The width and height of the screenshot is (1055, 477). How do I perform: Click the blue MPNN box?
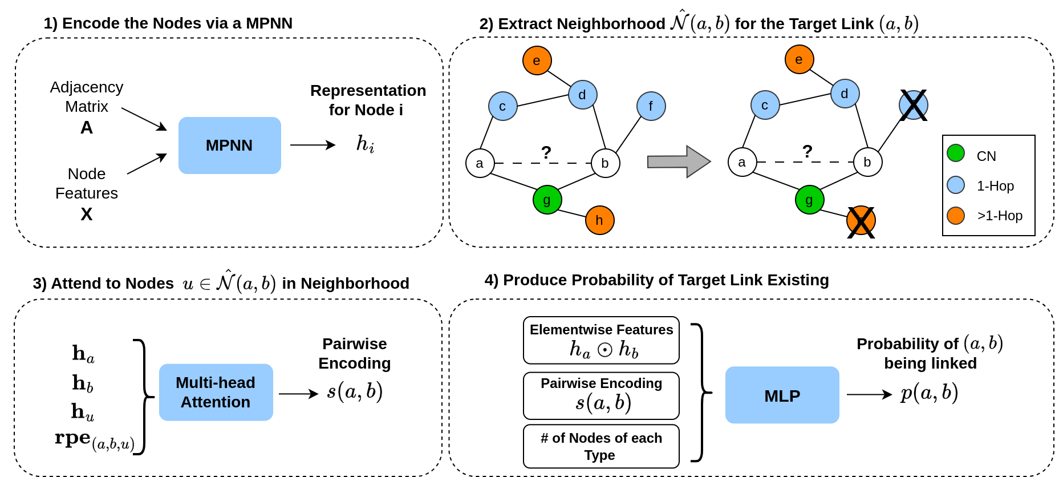point(229,145)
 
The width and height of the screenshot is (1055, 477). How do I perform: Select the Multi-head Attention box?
point(216,393)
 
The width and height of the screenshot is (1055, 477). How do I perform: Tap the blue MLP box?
point(782,395)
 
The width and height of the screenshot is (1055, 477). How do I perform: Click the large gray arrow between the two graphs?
point(679,161)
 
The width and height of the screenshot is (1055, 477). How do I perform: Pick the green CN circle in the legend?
point(956,153)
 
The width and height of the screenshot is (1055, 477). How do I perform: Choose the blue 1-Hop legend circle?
point(956,185)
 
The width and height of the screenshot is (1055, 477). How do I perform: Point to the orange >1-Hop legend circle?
point(956,216)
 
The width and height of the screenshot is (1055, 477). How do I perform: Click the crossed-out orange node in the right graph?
point(861,221)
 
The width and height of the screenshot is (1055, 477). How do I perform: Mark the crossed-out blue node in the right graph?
point(913,105)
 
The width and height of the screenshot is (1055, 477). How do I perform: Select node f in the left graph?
point(651,106)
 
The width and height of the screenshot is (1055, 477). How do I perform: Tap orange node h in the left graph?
point(599,220)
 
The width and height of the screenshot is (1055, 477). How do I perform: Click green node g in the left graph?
point(547,200)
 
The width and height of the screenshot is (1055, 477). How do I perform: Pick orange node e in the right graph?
point(799,59)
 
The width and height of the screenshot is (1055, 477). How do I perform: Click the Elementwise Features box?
point(601,340)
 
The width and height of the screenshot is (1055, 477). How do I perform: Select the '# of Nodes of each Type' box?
point(601,446)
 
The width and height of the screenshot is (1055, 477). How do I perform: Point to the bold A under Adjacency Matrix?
point(87,127)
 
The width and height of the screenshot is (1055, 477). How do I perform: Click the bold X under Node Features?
point(87,214)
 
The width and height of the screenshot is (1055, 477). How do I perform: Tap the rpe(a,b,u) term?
point(94,439)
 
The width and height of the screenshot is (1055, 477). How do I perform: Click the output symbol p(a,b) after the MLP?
point(930,393)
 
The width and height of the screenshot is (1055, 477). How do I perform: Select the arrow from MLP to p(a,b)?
point(869,394)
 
